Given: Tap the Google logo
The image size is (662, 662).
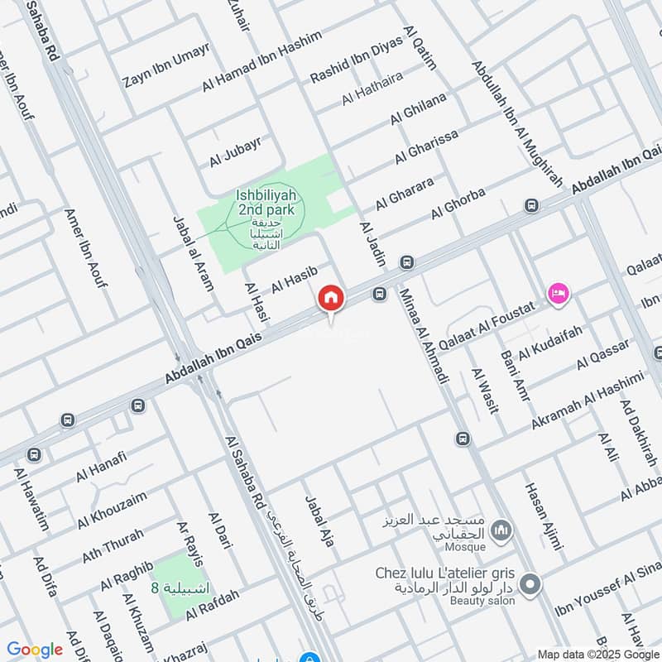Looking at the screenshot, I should [35, 650].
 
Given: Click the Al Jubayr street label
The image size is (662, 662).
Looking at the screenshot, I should [235, 151].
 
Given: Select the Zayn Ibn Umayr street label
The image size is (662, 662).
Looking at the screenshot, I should [165, 65].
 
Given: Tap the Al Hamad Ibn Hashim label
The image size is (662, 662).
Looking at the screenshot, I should [249, 65].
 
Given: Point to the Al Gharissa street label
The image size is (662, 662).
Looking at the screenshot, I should [425, 146].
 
